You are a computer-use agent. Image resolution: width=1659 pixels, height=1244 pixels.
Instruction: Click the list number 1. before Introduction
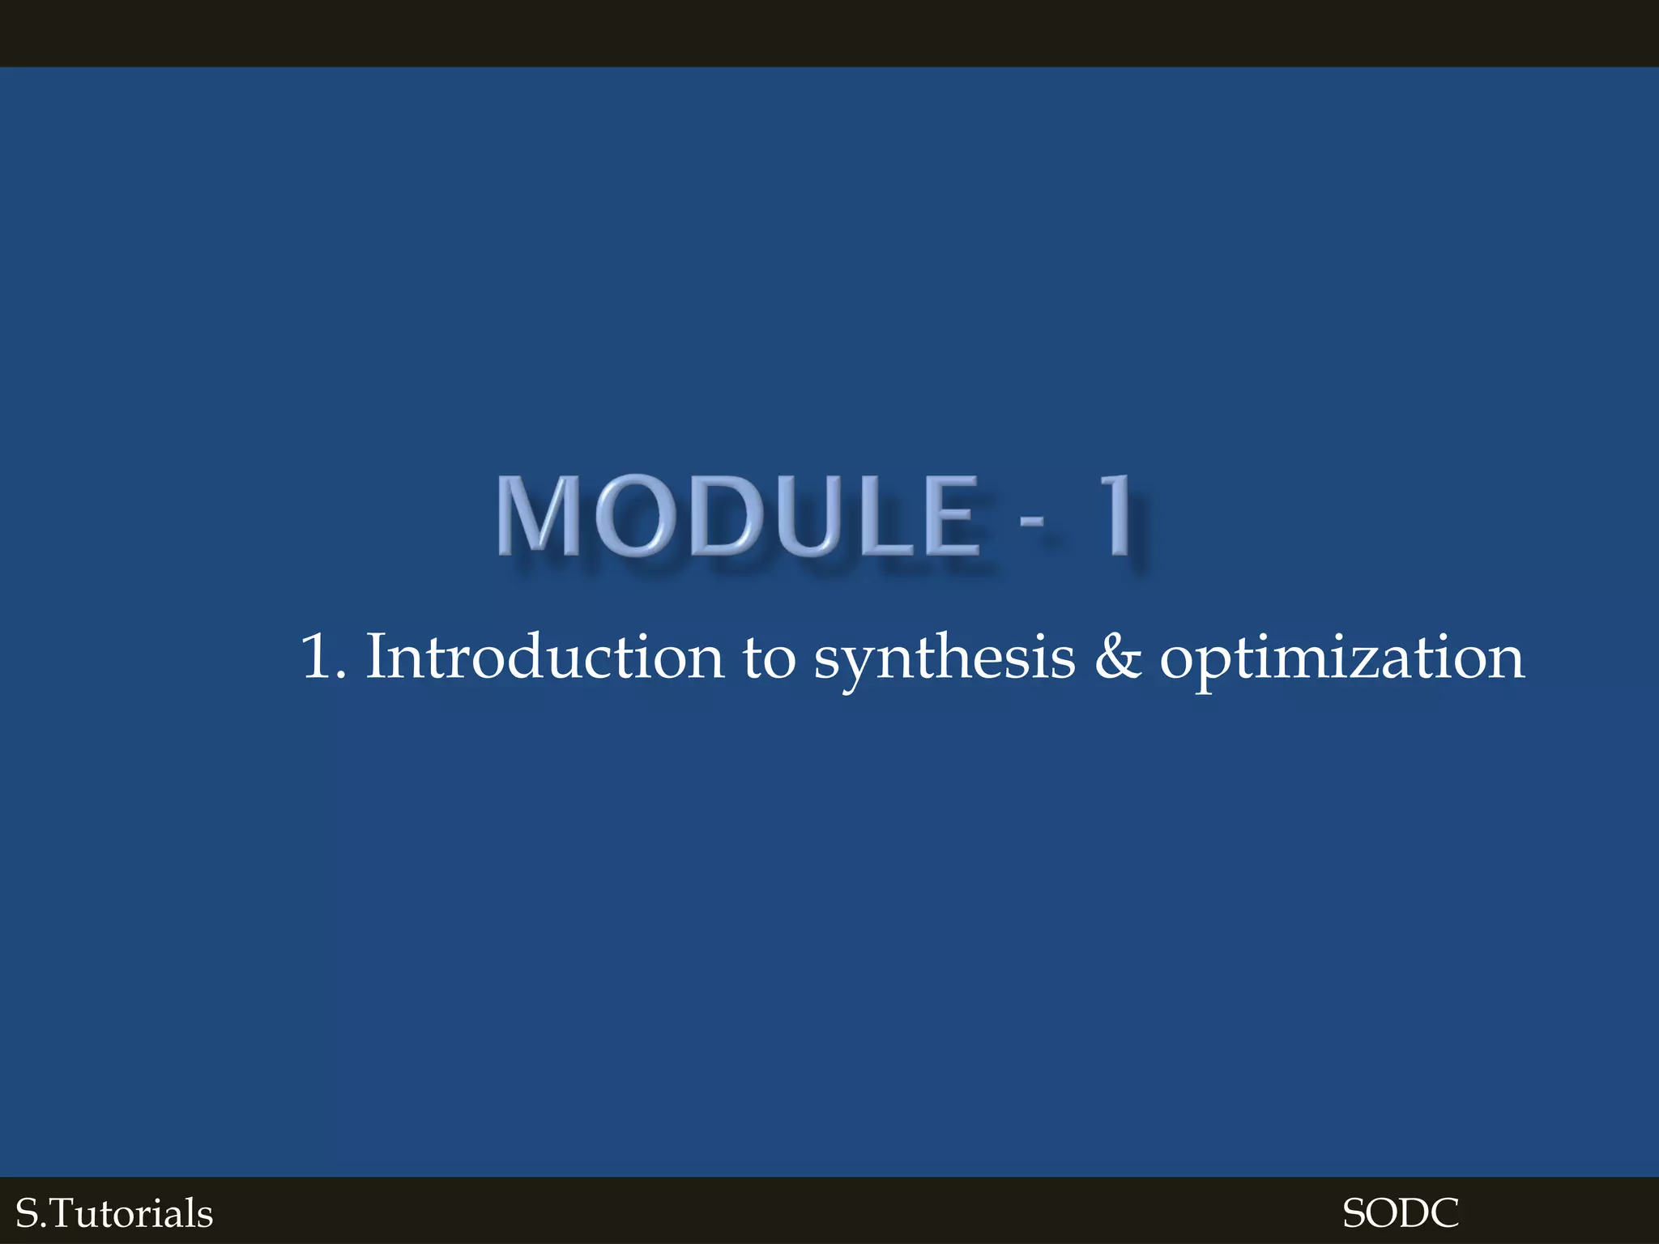click(322, 657)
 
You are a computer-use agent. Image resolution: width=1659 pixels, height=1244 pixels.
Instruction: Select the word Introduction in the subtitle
click(544, 657)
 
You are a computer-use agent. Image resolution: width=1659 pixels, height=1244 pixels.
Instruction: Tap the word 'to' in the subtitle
click(769, 658)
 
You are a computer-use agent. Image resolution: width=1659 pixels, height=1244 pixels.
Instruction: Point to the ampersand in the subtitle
click(1118, 657)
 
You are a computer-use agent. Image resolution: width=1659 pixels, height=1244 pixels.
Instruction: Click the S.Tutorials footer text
click(114, 1213)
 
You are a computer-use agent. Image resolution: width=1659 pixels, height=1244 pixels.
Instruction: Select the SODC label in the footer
click(1401, 1213)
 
